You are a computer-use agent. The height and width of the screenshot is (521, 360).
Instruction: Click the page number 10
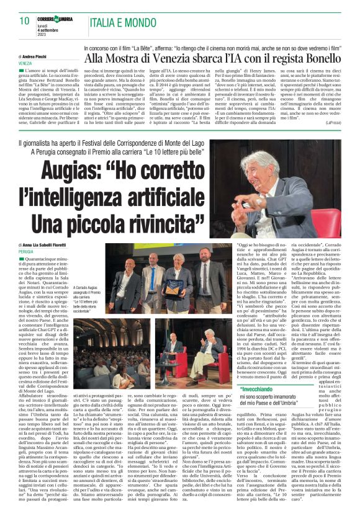25,21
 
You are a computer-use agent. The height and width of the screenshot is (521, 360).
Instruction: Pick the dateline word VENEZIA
25,64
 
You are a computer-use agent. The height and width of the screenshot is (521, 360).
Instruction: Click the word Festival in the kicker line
122,144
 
